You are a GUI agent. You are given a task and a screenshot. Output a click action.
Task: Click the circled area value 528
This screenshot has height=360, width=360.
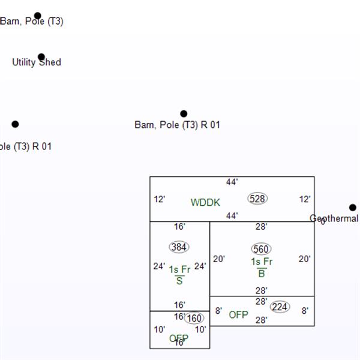(257, 199)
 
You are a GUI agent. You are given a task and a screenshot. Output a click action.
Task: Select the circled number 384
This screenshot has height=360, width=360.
(179, 247)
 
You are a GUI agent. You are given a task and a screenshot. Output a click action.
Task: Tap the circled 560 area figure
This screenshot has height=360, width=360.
(261, 249)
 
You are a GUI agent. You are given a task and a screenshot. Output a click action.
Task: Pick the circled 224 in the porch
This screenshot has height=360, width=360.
(280, 307)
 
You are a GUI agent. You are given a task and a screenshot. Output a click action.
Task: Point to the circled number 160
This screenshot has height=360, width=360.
(194, 318)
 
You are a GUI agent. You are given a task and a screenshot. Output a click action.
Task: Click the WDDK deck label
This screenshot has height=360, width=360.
(205, 203)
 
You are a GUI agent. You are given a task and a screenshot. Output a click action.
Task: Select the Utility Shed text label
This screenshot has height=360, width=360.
(37, 62)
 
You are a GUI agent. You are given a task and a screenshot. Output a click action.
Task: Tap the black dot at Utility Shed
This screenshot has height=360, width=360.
(41, 57)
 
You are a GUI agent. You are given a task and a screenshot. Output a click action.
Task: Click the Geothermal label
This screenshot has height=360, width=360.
(334, 219)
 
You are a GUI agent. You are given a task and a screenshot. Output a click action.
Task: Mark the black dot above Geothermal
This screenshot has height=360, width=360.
(353, 208)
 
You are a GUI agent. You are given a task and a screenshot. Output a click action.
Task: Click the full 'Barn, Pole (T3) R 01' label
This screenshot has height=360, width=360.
(177, 125)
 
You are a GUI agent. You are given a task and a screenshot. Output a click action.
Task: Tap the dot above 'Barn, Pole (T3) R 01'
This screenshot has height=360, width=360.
(184, 113)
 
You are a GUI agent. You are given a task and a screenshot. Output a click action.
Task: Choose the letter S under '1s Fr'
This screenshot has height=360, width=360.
(179, 281)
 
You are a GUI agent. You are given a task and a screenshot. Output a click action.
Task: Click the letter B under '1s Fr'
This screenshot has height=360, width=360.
(262, 274)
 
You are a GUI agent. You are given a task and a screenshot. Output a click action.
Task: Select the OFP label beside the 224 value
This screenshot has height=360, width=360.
(238, 314)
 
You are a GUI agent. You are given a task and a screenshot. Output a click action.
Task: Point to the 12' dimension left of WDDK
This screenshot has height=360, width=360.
(159, 199)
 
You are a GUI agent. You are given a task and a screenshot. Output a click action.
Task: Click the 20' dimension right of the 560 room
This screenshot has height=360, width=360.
(305, 259)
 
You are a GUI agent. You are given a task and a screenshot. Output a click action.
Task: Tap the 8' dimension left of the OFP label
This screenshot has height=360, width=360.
(218, 311)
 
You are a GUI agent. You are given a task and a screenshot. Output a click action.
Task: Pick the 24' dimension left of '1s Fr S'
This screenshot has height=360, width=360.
(159, 266)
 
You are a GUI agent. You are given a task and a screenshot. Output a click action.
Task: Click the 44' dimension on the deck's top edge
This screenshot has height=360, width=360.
(232, 182)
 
